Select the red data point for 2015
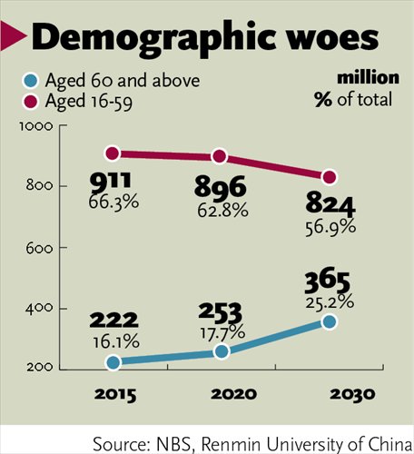[113, 153]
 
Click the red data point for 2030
[330, 176]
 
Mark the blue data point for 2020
[221, 351]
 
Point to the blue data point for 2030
[330, 321]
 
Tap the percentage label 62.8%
[221, 211]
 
